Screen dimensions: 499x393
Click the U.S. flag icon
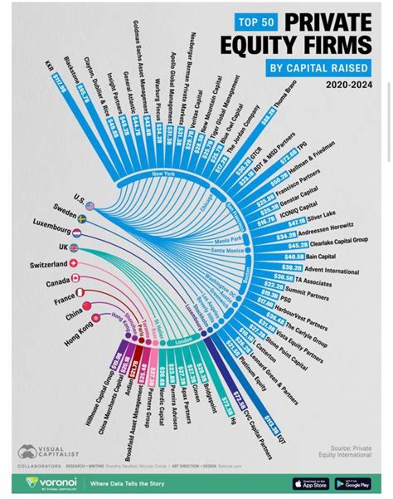click(x=90, y=205)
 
